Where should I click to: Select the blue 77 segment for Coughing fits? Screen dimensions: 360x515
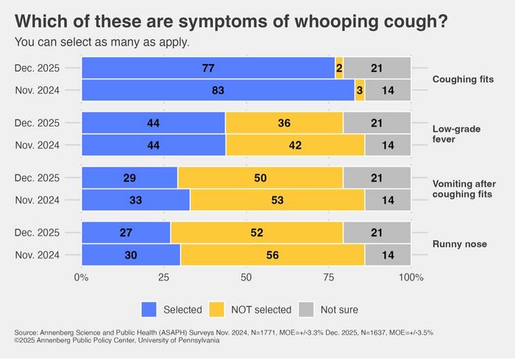pyautogui.click(x=207, y=68)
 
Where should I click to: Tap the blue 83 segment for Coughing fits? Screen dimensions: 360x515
pyautogui.click(x=218, y=91)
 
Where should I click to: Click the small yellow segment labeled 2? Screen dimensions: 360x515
pyautogui.click(x=339, y=68)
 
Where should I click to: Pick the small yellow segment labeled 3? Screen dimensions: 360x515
pyautogui.click(x=360, y=91)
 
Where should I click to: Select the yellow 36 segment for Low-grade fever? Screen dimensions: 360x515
pyautogui.click(x=284, y=123)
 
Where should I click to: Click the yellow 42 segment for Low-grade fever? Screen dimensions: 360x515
pyautogui.click(x=295, y=145)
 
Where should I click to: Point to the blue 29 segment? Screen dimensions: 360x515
pyautogui.click(x=129, y=177)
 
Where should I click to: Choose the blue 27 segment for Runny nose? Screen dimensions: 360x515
pyautogui.click(x=126, y=232)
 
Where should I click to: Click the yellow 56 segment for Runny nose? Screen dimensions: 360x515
pyautogui.click(x=272, y=255)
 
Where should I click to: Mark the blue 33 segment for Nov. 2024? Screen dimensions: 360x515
pyautogui.click(x=135, y=200)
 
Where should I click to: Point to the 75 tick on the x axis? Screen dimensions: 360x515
pyautogui.click(x=328, y=278)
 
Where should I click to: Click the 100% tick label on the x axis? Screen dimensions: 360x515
pyautogui.click(x=411, y=278)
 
